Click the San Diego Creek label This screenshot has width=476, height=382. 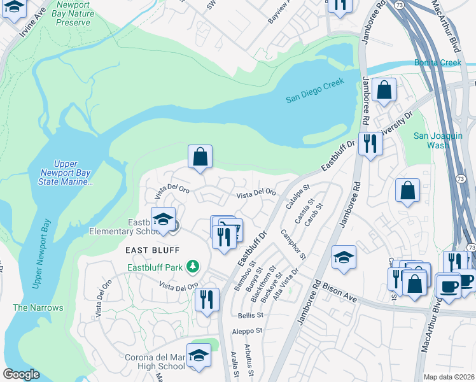(314, 90)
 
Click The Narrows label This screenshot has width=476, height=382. (38, 308)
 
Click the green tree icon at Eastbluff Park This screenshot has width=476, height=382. (190, 269)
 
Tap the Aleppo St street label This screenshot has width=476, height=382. (249, 331)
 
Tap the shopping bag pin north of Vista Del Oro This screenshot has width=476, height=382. (200, 157)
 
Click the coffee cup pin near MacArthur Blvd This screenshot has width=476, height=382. (449, 285)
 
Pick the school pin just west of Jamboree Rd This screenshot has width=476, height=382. (344, 257)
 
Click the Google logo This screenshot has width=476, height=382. (21, 374)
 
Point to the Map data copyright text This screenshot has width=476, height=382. (449, 377)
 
